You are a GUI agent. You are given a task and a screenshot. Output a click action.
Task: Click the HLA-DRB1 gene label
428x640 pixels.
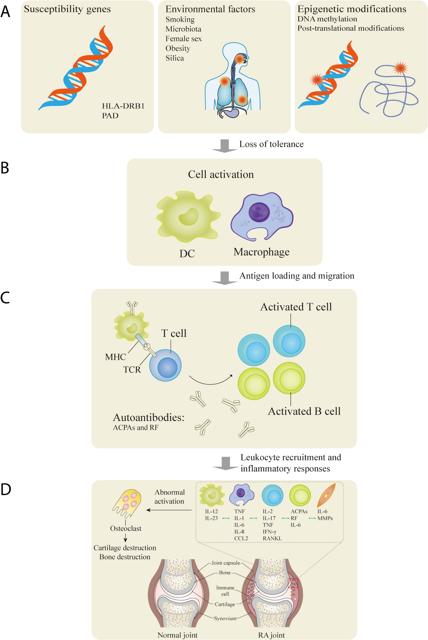(123, 106)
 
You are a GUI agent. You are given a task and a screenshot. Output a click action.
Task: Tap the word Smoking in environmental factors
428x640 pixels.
(180, 19)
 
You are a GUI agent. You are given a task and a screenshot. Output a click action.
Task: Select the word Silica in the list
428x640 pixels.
(175, 58)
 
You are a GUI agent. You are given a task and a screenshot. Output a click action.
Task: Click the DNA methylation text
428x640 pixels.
(327, 19)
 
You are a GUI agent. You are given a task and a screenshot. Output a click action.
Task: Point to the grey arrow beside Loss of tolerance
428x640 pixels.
(225, 146)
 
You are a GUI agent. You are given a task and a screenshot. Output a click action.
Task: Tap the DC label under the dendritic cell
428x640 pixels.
(187, 254)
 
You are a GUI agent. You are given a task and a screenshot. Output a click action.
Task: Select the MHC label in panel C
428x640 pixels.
(116, 357)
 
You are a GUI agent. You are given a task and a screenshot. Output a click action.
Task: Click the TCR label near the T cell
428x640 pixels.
(132, 370)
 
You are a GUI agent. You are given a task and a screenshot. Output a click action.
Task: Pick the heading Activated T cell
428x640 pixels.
(296, 307)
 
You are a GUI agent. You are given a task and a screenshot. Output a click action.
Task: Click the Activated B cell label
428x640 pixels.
(304, 411)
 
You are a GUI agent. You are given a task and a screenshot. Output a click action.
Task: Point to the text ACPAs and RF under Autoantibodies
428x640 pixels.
(136, 427)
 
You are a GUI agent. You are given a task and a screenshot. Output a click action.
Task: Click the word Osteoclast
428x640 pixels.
(126, 528)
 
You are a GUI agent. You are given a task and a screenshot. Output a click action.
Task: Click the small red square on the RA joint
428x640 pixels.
(293, 583)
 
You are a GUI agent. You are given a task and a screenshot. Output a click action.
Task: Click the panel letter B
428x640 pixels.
(5, 168)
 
